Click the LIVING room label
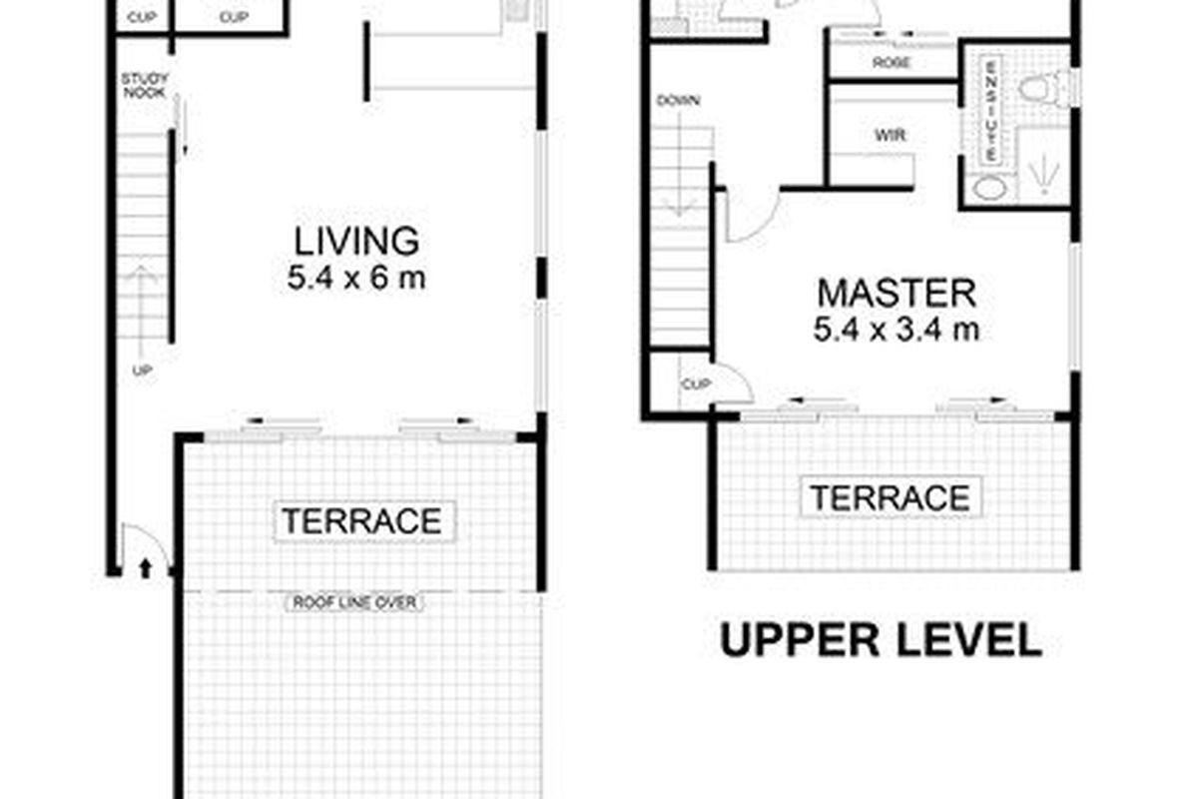pos(355,243)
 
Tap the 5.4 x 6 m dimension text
pos(355,278)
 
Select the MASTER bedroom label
pos(896,294)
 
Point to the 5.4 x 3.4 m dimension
pos(896,329)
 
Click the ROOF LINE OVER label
pos(354,602)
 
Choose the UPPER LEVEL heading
pos(881,641)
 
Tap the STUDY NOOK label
pos(145,85)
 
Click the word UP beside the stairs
pos(142,371)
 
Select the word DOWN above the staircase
pos(678,101)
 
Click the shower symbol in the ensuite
pos(1043,170)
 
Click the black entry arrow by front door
pos(146,568)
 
